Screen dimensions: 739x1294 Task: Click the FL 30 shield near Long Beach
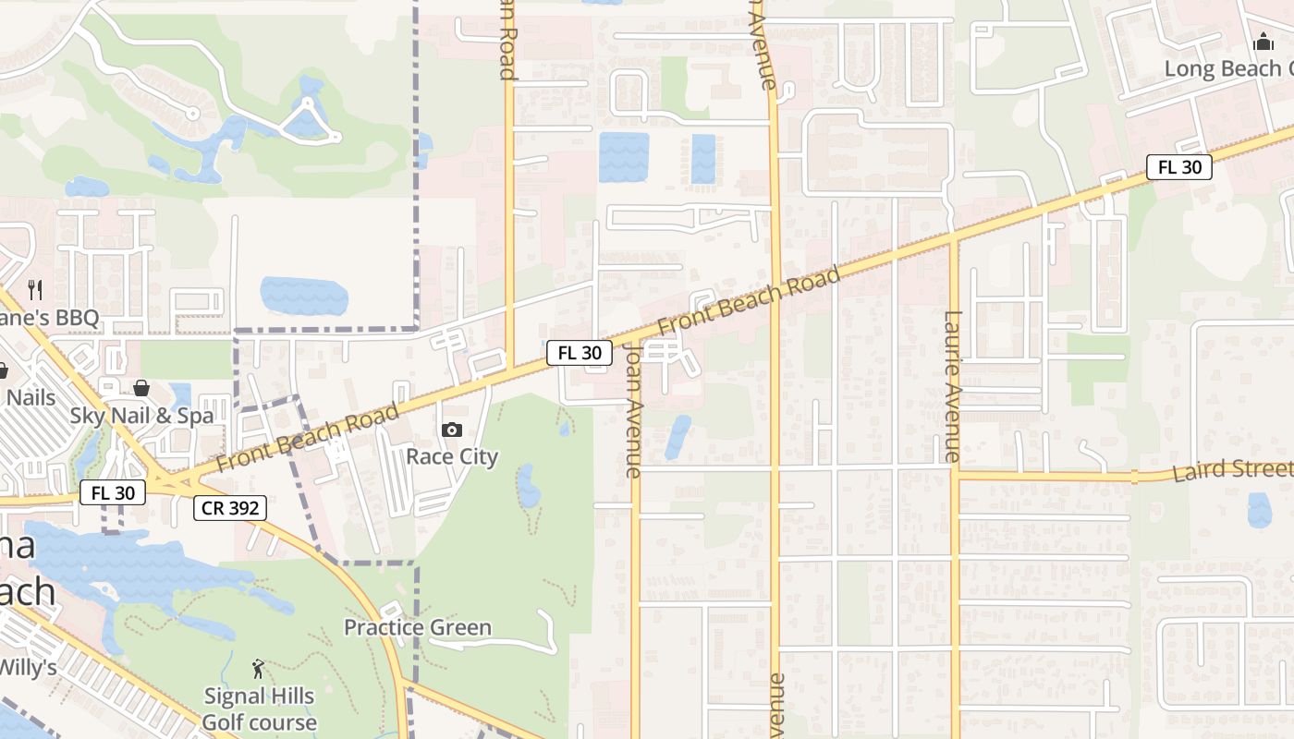tap(1178, 167)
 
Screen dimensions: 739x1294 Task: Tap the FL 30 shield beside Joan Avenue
tap(580, 352)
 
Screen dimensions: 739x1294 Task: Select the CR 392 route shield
tap(230, 507)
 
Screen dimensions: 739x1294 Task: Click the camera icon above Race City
tap(452, 430)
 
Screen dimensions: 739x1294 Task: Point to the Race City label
tap(452, 456)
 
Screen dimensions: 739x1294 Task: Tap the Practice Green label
tap(418, 627)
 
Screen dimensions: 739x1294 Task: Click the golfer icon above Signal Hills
tap(259, 668)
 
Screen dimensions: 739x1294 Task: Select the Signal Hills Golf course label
tap(259, 709)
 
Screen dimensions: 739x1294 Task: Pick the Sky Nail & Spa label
tap(141, 416)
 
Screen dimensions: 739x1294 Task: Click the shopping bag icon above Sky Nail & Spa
tap(141, 387)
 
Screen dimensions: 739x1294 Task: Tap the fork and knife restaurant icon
tap(35, 290)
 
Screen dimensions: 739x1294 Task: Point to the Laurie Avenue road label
tap(952, 386)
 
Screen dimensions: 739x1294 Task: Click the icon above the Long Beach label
tap(1263, 42)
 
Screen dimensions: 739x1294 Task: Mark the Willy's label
tap(28, 666)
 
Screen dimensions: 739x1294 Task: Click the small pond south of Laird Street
tap(1260, 510)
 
